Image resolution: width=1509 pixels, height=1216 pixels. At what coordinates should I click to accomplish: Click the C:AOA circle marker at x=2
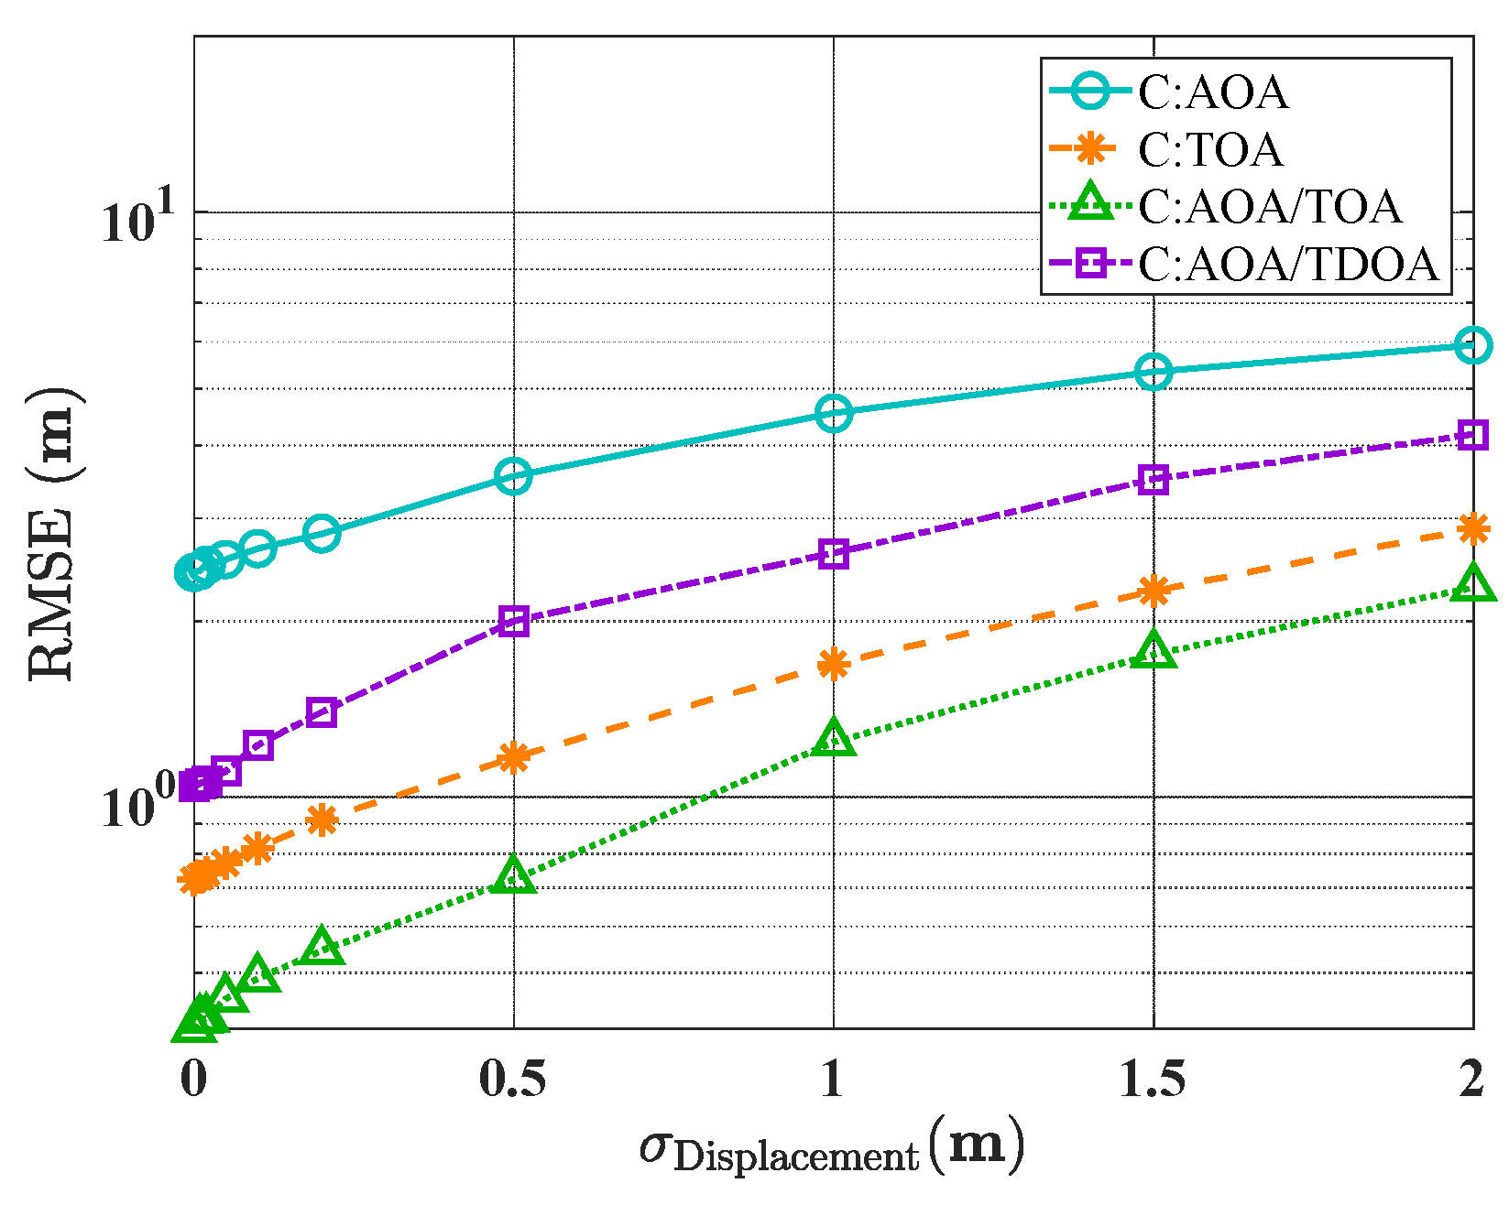point(1472,345)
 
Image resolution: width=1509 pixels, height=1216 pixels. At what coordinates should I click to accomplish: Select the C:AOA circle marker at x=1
point(833,414)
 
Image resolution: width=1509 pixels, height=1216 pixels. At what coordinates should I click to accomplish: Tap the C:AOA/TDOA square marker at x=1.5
point(1154,479)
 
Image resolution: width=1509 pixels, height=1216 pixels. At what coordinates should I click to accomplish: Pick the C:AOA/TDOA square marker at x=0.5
point(514,622)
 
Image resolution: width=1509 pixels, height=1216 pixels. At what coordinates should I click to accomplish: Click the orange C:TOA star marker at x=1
point(833,664)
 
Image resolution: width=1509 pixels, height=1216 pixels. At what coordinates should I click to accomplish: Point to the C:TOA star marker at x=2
point(1472,528)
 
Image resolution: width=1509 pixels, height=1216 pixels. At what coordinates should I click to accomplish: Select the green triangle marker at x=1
point(833,738)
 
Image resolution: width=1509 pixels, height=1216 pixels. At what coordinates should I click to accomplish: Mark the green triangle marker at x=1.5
point(1154,650)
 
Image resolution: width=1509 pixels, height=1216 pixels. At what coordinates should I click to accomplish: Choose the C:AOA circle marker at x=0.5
point(514,475)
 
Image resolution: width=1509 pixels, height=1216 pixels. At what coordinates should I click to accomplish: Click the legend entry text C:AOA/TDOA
point(1289,265)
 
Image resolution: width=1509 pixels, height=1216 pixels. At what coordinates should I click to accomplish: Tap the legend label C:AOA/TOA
point(1269,207)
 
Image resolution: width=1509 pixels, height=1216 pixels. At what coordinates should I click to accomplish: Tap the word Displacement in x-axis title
point(795,1157)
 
